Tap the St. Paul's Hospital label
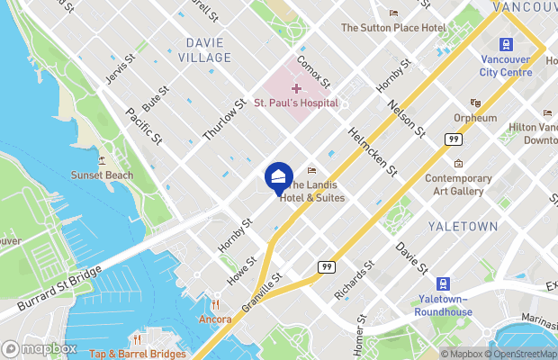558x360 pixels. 295,103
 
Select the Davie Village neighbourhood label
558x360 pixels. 209,49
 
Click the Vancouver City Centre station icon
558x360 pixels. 506,44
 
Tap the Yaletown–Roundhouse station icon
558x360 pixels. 444,284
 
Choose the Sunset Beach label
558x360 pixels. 103,175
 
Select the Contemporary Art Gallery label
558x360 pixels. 458,184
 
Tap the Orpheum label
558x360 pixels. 475,118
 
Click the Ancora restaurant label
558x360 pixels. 215,319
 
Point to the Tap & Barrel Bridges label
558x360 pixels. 138,353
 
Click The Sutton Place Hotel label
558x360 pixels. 392,28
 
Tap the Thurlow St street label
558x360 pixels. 223,120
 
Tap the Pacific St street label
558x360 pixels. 143,127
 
